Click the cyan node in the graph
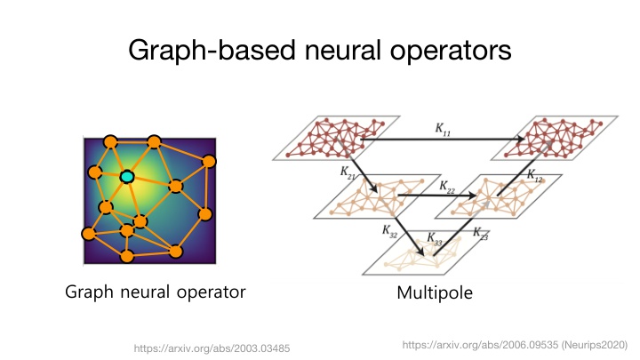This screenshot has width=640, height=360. (x=126, y=178)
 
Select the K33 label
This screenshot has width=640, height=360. (x=435, y=239)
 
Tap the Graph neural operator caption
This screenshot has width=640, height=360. (x=155, y=292)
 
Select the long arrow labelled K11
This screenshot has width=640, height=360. (x=444, y=140)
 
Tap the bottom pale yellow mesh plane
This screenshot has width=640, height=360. (x=418, y=257)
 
